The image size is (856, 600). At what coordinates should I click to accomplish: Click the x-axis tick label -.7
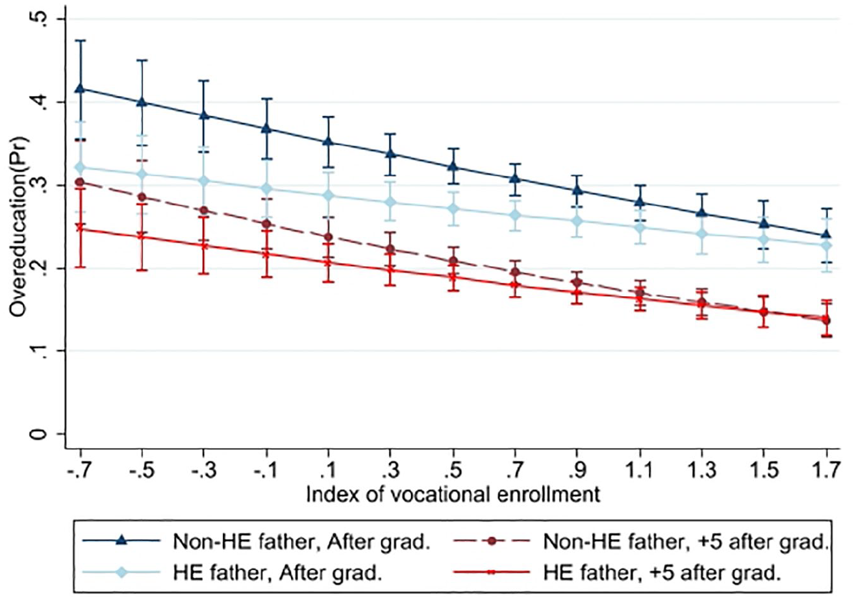81,469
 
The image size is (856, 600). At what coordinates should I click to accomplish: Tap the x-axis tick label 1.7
827,469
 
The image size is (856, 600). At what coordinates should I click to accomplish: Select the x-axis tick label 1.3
702,469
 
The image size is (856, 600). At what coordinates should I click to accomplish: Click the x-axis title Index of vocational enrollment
453,495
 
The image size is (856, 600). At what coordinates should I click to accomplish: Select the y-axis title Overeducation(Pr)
19,227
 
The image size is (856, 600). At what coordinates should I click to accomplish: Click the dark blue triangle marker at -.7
81,88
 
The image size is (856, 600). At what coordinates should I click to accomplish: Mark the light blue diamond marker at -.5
142,174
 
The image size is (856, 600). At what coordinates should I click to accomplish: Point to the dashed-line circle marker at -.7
80,182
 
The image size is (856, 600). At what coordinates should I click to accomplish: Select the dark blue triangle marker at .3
390,154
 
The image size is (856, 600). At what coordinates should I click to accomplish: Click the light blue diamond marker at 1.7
827,245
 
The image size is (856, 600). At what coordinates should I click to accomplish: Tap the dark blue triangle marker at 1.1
640,201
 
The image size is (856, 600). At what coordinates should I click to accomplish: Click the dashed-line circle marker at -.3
204,210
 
